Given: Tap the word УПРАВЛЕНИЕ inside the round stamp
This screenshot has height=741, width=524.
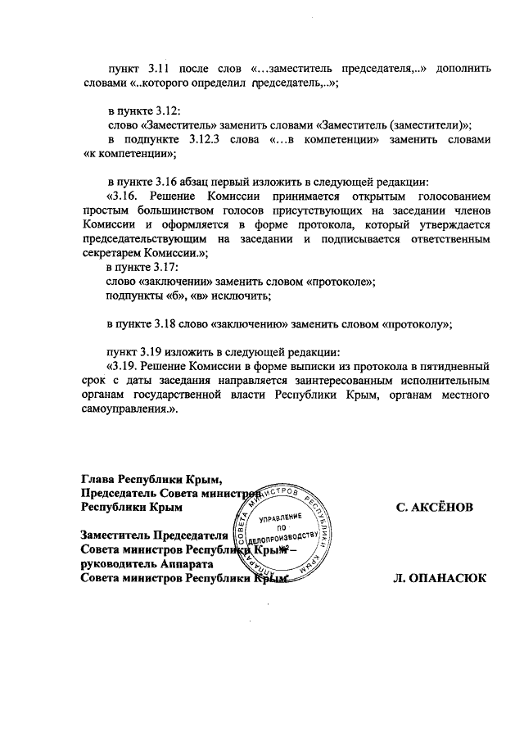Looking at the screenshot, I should [x=280, y=521].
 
